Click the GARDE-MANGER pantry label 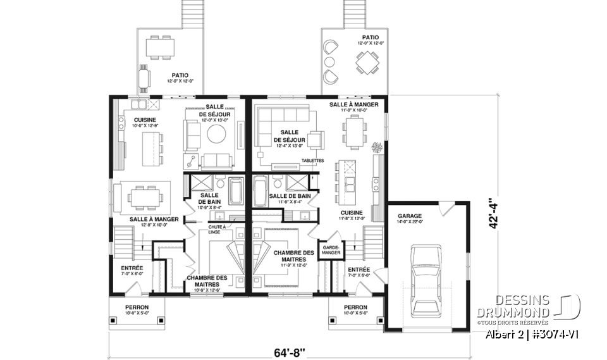click(x=332, y=250)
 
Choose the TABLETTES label click(x=312, y=160)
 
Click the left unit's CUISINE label click(x=144, y=120)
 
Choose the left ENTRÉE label click(x=132, y=268)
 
